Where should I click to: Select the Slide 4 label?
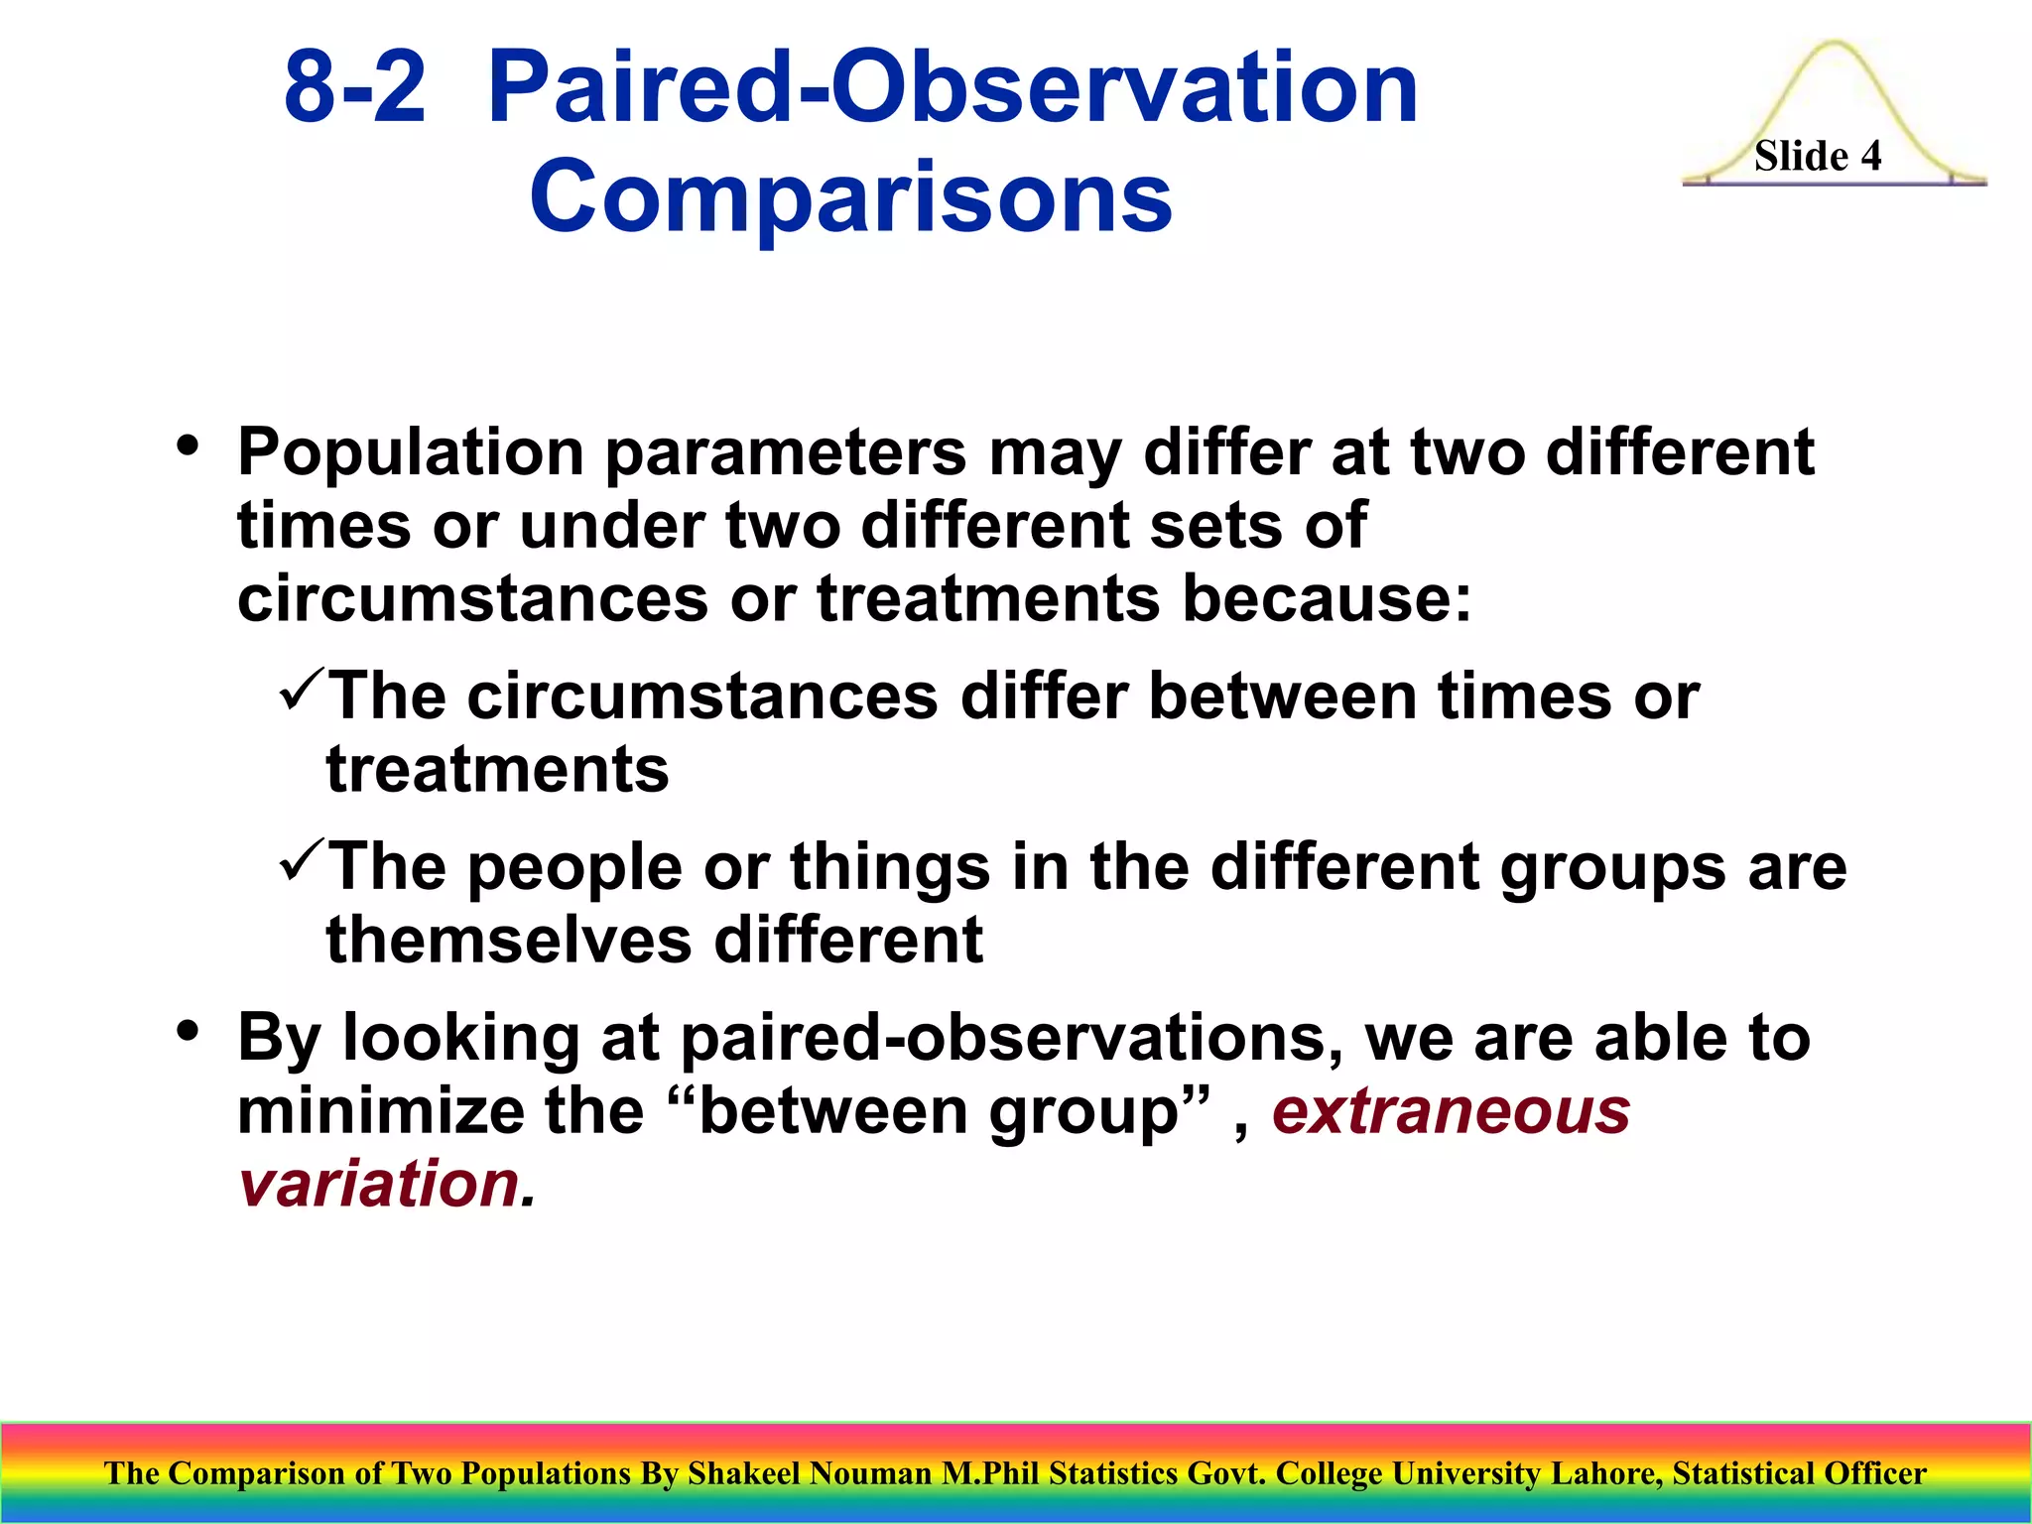coord(1817,156)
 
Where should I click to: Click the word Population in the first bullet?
coord(410,452)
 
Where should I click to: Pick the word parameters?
coord(785,454)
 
